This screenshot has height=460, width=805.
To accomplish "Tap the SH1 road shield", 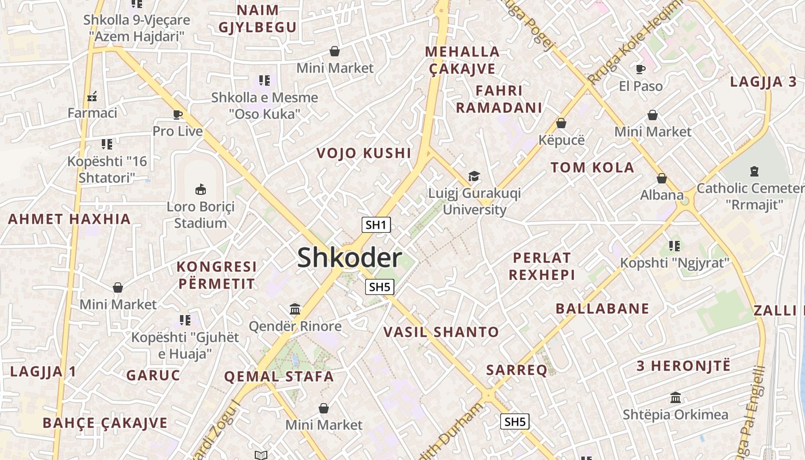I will [x=376, y=225].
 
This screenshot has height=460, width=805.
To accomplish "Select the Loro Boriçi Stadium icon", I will [x=200, y=189].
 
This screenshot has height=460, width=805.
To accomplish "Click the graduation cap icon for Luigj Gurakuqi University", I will [x=474, y=176].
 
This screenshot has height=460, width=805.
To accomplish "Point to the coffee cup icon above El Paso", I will [x=641, y=70].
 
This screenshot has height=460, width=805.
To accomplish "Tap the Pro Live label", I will [x=178, y=131].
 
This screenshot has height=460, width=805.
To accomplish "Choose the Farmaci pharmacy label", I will [x=92, y=113].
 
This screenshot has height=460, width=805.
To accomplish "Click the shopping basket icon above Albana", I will [x=662, y=178].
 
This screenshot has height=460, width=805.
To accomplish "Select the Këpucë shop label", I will [x=561, y=140].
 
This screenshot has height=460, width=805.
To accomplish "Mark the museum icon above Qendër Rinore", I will [x=295, y=309].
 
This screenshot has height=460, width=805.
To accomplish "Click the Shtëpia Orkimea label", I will [x=676, y=415].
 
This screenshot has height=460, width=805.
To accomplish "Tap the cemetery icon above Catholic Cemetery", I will [x=754, y=171].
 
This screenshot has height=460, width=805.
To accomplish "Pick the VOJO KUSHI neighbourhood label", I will [x=364, y=153].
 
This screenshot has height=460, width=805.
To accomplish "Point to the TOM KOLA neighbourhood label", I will [x=592, y=168].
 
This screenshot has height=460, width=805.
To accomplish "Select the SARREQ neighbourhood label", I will [x=517, y=370].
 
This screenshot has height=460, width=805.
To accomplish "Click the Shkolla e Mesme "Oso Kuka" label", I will [x=264, y=106].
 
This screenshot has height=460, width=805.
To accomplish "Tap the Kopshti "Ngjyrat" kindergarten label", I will [x=674, y=263].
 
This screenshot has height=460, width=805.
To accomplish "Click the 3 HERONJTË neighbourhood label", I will [x=683, y=365].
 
